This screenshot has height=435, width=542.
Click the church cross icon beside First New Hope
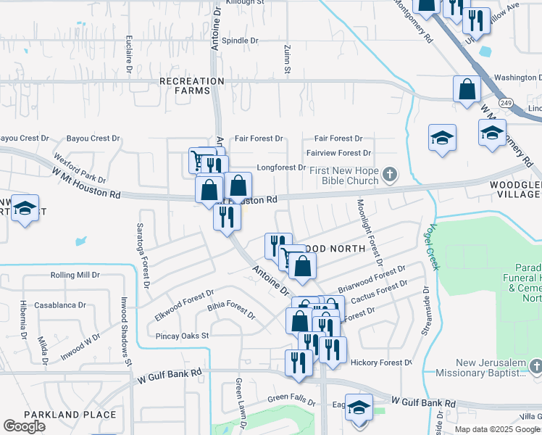391,173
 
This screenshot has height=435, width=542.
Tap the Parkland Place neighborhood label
70,415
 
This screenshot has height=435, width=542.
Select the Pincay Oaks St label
182,336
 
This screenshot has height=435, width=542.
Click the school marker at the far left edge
25,208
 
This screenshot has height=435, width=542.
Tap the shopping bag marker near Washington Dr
467,90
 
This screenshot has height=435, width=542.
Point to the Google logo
25,426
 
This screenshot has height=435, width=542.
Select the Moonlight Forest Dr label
369,233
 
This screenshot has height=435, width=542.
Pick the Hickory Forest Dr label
380,362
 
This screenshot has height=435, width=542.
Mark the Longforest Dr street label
280,167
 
